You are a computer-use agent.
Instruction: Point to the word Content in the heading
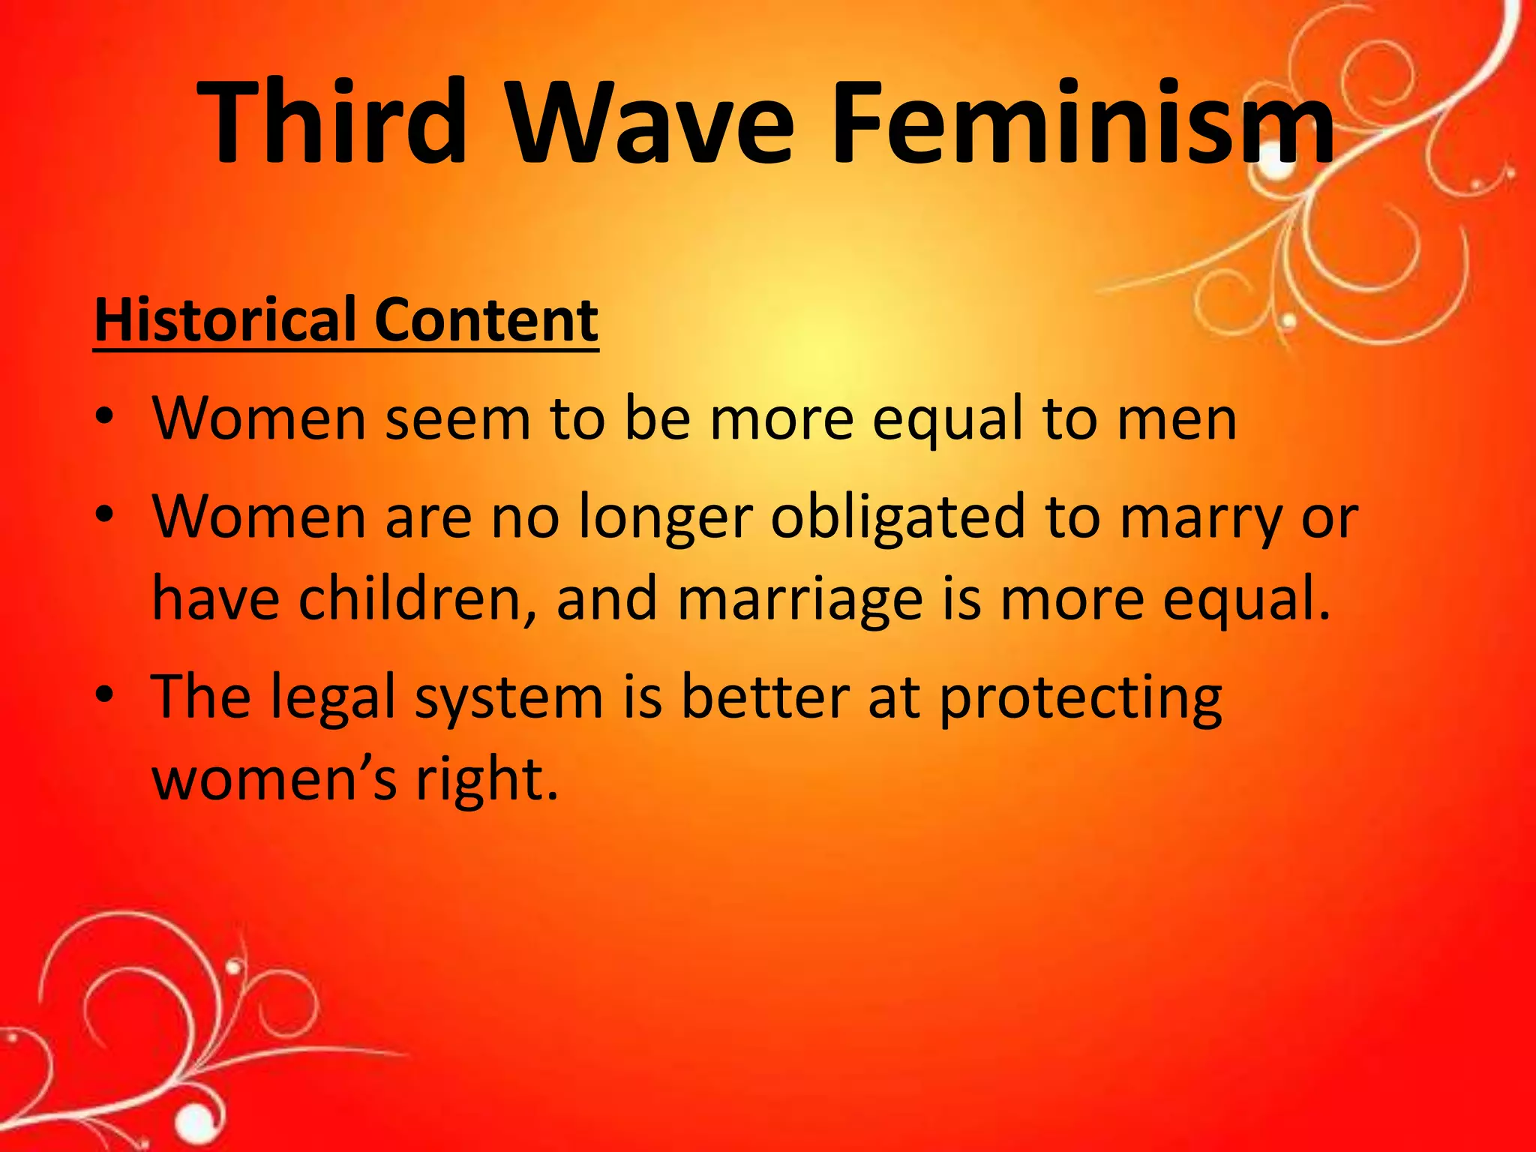486,320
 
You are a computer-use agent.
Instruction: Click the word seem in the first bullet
457,418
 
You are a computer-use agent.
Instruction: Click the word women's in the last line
274,780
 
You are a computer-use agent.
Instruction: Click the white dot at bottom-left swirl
196,1123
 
